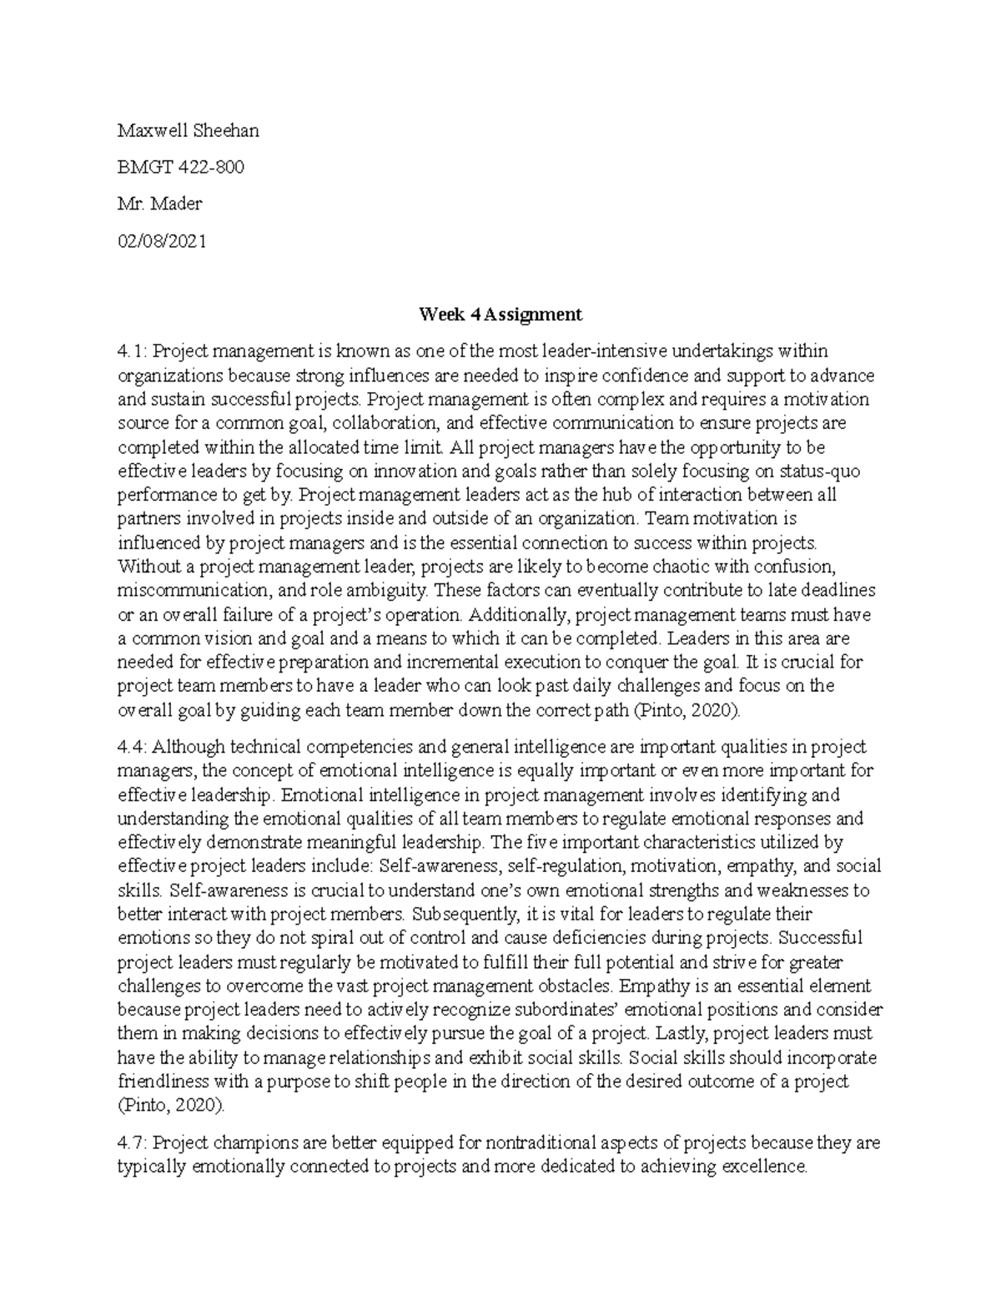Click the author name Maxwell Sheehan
pos(188,130)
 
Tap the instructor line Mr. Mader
pos(160,204)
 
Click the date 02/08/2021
pos(162,241)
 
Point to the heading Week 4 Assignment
pos(500,315)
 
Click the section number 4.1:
pos(133,351)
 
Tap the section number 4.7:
pos(133,1142)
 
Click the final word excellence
pos(766,1167)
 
